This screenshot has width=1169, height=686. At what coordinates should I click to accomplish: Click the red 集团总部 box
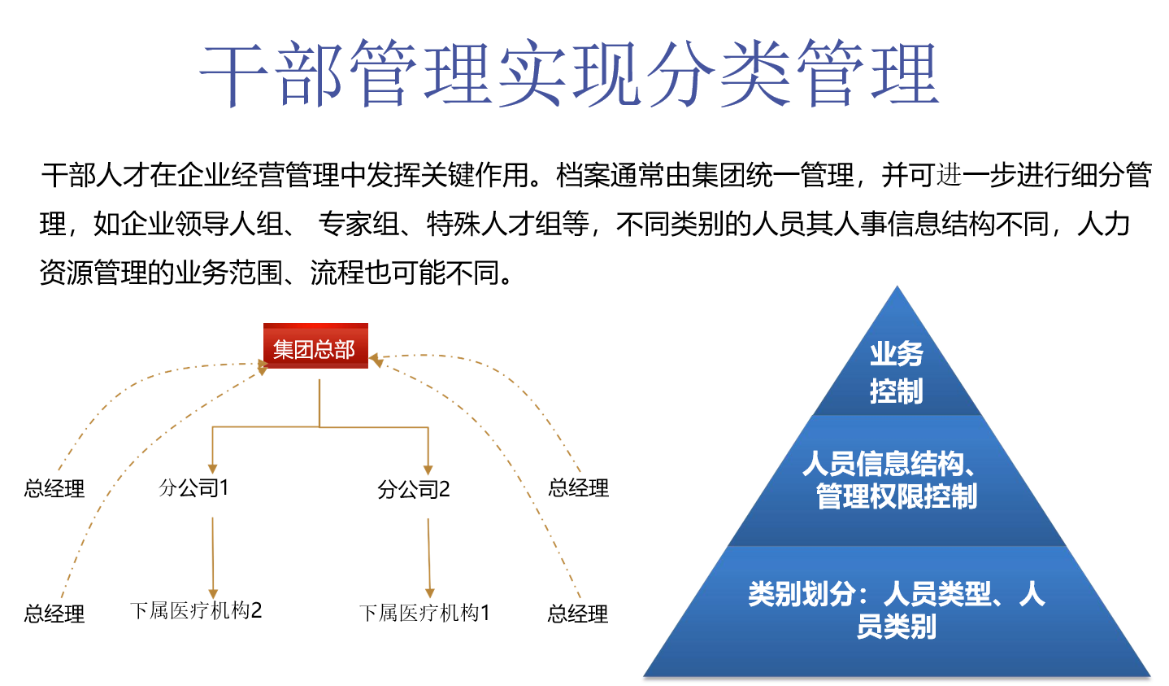click(315, 347)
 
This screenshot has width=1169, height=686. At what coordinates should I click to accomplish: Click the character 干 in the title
click(236, 76)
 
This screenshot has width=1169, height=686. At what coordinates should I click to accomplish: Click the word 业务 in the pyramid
click(897, 354)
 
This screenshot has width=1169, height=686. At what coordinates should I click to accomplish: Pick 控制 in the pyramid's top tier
click(897, 391)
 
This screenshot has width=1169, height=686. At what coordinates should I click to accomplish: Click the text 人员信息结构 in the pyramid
click(882, 464)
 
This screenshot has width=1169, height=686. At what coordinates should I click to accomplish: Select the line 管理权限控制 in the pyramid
click(897, 496)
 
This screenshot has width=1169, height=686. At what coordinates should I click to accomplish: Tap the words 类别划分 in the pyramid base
click(800, 594)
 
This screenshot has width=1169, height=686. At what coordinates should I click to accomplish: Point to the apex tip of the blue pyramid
click(897, 288)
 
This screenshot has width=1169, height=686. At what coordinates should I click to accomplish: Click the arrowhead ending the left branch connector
click(212, 469)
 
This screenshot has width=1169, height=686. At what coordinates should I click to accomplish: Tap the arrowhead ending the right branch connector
click(428, 470)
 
